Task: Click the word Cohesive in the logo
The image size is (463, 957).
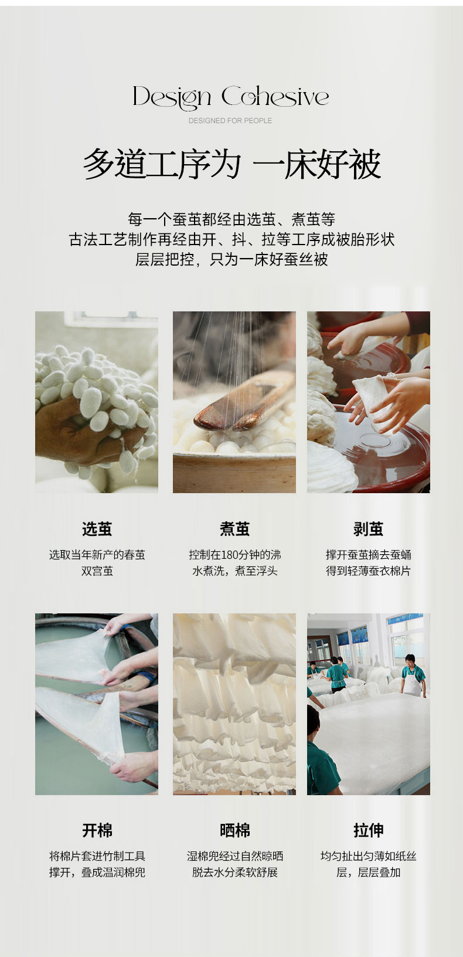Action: click(275, 96)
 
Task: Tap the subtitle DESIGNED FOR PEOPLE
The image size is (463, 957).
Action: click(230, 120)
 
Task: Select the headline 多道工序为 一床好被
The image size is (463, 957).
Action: click(231, 164)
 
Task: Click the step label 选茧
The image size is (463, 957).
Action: click(97, 529)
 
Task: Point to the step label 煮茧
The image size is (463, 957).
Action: click(234, 529)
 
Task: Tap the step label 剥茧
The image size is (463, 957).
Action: click(368, 529)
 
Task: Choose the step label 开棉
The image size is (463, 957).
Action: click(97, 830)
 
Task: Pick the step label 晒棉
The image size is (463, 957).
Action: click(234, 830)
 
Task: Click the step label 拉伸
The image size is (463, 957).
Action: click(368, 830)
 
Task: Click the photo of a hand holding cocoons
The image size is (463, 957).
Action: click(97, 402)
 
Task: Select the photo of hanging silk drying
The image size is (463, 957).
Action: click(234, 704)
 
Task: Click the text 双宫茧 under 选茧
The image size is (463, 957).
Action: click(97, 571)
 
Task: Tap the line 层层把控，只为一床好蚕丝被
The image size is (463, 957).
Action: click(231, 259)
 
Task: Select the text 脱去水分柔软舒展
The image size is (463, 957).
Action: click(234, 873)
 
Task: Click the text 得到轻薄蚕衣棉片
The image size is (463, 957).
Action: click(368, 571)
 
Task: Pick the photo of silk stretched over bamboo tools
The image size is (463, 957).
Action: click(97, 704)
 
